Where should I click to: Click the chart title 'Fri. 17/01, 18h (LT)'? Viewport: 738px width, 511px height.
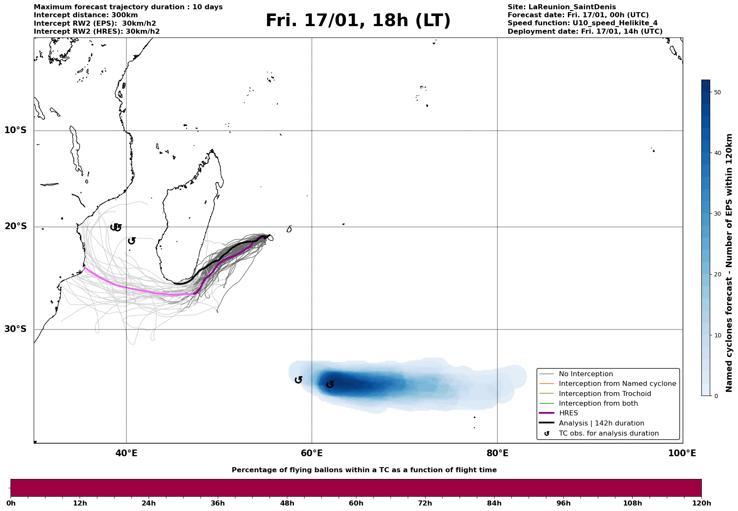358,21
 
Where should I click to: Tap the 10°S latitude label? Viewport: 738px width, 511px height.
16,130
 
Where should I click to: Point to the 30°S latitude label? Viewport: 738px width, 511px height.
16,329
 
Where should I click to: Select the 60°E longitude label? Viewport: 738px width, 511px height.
312,453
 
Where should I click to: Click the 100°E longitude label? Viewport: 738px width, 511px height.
682,453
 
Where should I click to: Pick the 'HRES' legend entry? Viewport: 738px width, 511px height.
568,413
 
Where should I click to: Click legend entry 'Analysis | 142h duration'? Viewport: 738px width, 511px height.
601,423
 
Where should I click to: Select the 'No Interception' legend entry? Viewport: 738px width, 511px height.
586,374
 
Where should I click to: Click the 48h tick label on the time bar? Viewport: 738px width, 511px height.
287,503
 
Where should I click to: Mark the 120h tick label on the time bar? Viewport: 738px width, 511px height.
701,503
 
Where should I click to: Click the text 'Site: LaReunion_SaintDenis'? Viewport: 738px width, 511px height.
562,7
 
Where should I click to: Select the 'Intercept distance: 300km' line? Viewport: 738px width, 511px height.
86,15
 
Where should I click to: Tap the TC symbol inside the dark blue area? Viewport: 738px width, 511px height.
330,384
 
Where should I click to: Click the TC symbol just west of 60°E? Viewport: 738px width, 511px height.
299,380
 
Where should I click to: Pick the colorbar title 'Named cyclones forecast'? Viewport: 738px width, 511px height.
730,263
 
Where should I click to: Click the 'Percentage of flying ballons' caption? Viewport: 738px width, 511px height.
364,470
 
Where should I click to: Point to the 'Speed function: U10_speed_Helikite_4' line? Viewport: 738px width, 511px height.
582,23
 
